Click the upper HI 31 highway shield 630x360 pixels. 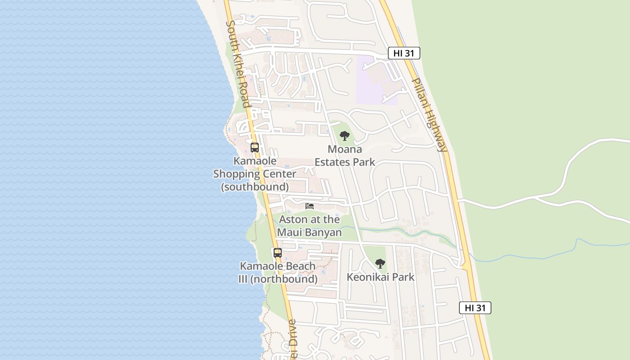click(x=404, y=53)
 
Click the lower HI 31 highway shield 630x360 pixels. click(x=475, y=308)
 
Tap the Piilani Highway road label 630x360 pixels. click(x=430, y=115)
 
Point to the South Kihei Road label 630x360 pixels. click(x=238, y=64)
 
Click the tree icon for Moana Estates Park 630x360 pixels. click(x=345, y=135)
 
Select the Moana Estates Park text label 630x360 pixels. click(x=345, y=155)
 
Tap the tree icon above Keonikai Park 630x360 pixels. click(x=380, y=263)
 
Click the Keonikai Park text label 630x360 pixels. click(x=380, y=277)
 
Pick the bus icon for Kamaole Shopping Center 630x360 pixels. click(x=255, y=147)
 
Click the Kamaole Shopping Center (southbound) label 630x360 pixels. click(x=255, y=174)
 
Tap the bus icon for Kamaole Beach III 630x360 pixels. click(x=278, y=252)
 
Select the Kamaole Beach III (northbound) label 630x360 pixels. click(x=278, y=272)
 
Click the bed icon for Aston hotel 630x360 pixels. click(x=310, y=206)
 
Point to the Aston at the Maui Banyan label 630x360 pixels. click(x=310, y=226)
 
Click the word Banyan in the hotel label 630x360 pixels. click(x=322, y=232)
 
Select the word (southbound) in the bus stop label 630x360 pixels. click(x=255, y=186)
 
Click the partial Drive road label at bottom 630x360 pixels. click(x=292, y=337)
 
